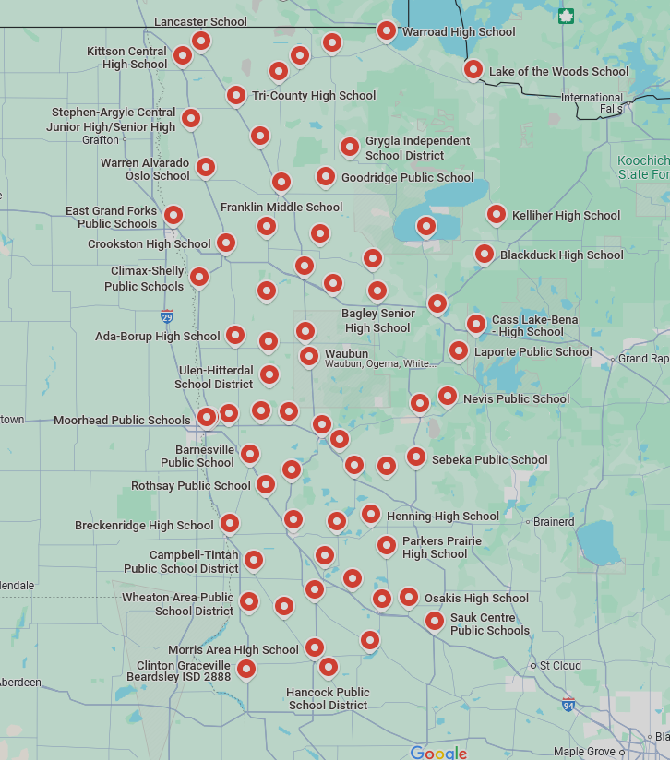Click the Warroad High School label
459,32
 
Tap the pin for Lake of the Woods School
473,69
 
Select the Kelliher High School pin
496,215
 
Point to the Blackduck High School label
561,255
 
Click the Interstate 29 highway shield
166,316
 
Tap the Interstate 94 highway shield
568,704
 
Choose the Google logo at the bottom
438,753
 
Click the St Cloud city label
560,665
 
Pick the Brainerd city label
554,522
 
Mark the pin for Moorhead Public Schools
207,417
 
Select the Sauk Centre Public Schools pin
434,621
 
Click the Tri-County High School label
314,96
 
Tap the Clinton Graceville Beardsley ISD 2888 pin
245,668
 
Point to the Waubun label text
346,353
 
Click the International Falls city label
592,102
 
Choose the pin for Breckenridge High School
229,523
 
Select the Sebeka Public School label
489,460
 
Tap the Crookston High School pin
225,243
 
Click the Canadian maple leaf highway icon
566,16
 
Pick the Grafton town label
101,140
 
